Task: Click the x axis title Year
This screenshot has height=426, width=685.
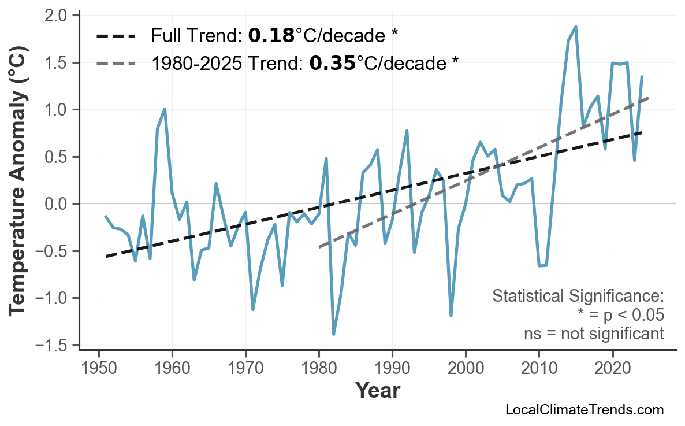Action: point(377,391)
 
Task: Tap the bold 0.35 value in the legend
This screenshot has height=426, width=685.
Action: point(333,62)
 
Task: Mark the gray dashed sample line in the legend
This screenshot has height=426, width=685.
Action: point(116,62)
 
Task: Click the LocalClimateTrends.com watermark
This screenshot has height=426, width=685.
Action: point(584,410)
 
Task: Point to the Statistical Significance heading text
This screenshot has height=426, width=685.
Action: point(578,297)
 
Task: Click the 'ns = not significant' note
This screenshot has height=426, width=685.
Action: point(594,334)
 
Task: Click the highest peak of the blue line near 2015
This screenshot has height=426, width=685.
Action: point(575,27)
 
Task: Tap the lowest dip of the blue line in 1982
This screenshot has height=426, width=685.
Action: point(334,334)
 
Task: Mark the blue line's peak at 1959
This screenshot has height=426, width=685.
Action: point(165,109)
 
